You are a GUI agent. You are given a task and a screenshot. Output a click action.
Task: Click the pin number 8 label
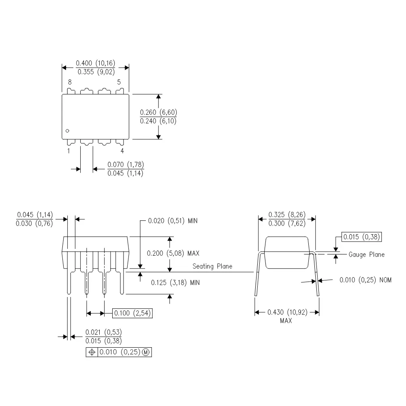tap(69, 82)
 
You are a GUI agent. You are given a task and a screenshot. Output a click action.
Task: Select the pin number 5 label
tap(119, 82)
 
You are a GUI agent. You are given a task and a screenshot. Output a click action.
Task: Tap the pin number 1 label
tap(68, 151)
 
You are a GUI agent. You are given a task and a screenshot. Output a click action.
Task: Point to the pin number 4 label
tap(122, 151)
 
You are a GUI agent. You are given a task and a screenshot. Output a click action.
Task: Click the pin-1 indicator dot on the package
tap(68, 130)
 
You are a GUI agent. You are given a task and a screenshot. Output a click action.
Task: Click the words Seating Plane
tap(212, 266)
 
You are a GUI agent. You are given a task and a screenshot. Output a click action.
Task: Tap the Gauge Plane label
tap(366, 255)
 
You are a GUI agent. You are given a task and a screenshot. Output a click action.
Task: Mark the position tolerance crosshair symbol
tap(92, 353)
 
